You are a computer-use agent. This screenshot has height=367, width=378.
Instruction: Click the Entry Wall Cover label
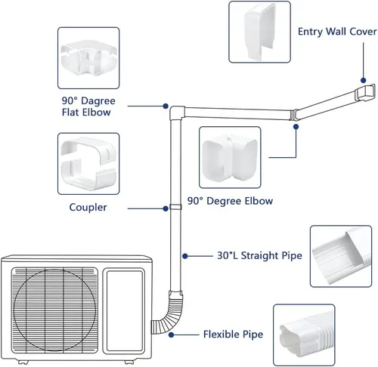pos(337,32)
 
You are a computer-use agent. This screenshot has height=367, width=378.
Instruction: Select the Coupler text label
pos(88,208)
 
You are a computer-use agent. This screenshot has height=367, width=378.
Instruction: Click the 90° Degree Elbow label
pos(230,201)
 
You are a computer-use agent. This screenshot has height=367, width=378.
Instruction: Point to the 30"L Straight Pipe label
pos(259,255)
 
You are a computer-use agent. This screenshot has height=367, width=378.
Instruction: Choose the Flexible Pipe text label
pos(233,335)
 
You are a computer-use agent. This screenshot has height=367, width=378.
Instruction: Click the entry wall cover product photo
pos(259,32)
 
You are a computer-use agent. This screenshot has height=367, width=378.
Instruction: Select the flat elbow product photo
pos(88,58)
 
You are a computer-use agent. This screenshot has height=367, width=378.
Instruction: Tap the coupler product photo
pos(88,164)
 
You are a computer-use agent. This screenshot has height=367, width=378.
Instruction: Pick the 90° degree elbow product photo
pos(230,157)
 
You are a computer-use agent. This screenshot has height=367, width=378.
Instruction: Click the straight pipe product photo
pos(341,256)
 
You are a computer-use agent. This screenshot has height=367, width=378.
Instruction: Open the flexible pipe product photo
pos(304,335)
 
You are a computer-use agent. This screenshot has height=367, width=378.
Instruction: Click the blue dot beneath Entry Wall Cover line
pos(363,80)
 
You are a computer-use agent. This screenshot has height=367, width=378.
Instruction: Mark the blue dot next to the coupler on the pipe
pos(166,208)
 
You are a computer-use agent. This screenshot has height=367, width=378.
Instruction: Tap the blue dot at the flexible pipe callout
pos(172,335)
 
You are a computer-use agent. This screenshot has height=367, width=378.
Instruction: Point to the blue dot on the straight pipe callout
pos(185,256)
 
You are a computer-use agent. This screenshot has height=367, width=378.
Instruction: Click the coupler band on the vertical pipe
pos(175,207)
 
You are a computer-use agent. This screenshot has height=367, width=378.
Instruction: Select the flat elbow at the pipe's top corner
pos(177,113)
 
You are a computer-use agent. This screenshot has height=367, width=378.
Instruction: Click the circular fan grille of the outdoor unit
pos(54,310)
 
